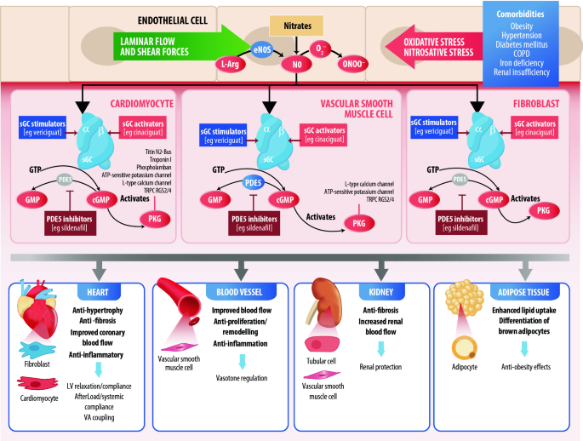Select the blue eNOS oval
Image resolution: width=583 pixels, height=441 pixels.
263,49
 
